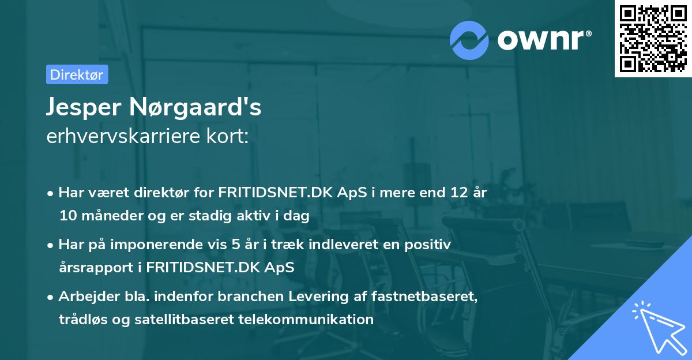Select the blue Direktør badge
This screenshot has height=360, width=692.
coord(77,74)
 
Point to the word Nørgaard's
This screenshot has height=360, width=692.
coord(200,107)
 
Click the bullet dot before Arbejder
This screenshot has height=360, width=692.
coord(51,297)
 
